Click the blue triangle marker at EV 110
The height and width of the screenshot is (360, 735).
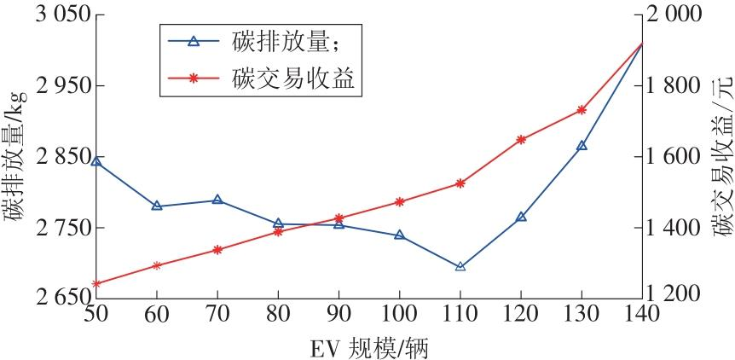[460, 267]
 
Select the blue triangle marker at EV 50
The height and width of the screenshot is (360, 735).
[96, 161]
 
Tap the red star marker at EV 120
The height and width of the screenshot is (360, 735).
[521, 139]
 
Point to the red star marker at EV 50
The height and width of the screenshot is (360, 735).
[96, 283]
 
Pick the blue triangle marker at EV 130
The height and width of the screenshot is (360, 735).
[582, 146]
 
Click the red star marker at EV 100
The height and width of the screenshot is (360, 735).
[400, 201]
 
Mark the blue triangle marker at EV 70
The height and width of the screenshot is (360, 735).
[217, 200]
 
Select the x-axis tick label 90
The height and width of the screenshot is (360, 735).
[339, 314]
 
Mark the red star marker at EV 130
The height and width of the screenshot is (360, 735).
[582, 110]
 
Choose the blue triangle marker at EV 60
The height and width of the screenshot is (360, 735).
[157, 206]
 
